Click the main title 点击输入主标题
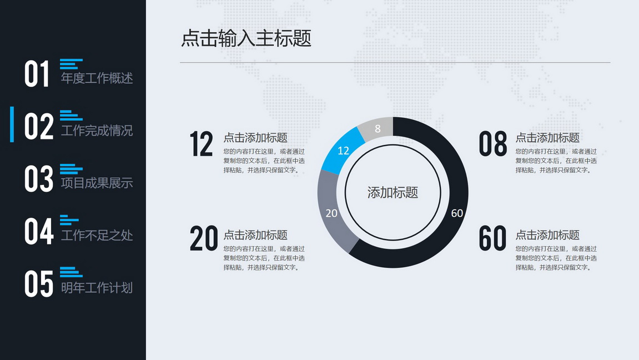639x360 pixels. [246, 38]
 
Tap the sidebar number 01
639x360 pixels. [37, 74]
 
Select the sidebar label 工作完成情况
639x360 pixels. [97, 131]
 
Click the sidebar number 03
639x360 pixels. [39, 178]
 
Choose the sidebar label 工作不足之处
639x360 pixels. [97, 235]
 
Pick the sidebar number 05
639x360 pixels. [39, 284]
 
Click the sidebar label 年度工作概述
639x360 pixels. [97, 78]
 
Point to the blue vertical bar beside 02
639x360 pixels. [12, 124]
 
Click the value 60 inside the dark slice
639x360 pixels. [457, 213]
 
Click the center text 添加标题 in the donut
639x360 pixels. [393, 192]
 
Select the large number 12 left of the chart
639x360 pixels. [202, 144]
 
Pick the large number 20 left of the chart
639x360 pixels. [204, 238]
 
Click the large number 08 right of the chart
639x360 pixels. [493, 144]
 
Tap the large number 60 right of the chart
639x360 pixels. [492, 238]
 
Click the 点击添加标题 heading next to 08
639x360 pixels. [547, 138]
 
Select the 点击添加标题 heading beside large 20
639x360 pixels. [255, 235]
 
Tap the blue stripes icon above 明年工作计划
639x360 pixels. [71, 272]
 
